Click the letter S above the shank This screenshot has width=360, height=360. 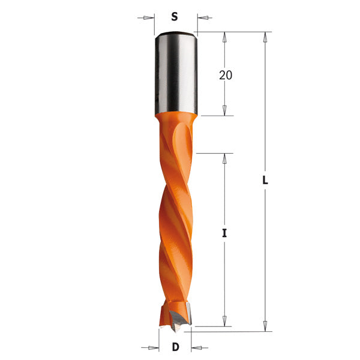pyautogui.click(x=175, y=17)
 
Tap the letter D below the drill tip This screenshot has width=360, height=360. pyautogui.click(x=175, y=347)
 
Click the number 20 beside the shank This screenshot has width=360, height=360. pyautogui.click(x=226, y=75)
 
